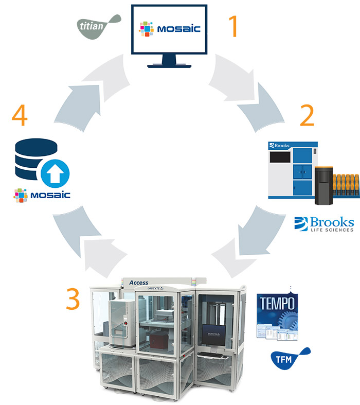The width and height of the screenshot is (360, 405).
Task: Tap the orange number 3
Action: point(73,298)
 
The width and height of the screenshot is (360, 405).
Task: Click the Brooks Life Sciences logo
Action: point(324,224)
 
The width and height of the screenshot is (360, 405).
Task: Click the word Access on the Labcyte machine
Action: point(138,283)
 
